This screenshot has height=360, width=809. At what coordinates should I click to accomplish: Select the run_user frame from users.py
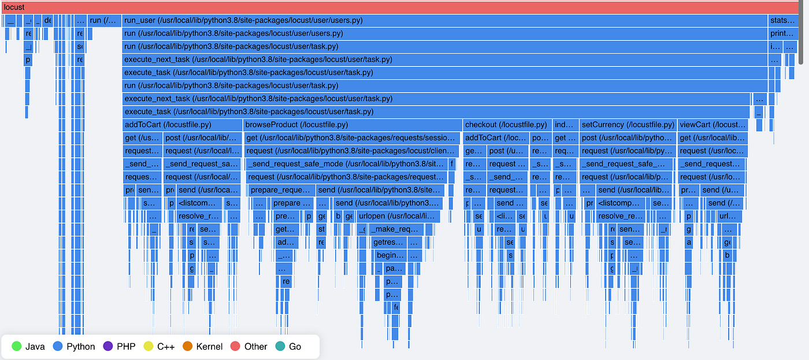444,20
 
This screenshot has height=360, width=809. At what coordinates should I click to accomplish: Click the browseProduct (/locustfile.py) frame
352,124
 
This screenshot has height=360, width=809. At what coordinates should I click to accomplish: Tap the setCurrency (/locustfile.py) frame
628,124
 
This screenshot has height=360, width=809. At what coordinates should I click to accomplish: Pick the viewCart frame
712,124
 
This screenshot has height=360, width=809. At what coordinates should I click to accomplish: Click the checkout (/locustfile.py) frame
506,124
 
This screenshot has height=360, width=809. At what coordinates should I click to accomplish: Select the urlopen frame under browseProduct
398,216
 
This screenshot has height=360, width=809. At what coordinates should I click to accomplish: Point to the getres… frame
388,242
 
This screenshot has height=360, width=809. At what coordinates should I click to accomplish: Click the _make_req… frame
399,229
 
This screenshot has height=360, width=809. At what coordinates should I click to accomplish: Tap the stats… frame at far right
782,20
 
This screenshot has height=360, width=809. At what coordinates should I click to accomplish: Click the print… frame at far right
782,34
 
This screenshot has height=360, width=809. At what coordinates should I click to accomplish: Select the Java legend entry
29,347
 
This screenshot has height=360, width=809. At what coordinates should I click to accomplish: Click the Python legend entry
73,347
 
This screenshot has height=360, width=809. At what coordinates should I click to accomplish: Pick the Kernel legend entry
202,347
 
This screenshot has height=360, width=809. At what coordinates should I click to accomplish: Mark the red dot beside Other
235,347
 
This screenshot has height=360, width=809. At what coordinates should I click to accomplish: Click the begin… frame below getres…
390,255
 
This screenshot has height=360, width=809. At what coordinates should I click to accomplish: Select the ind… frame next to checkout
565,124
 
